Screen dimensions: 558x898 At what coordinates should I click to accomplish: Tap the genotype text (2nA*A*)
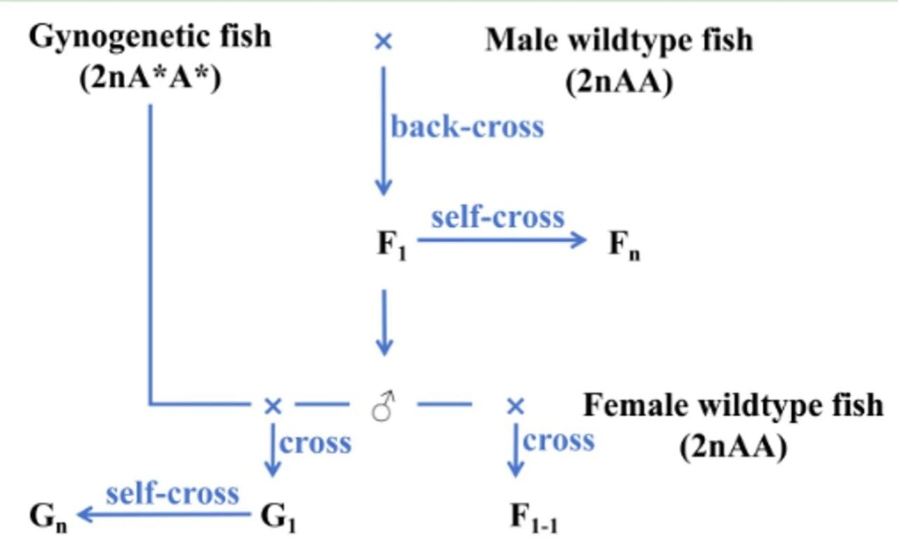tap(150, 79)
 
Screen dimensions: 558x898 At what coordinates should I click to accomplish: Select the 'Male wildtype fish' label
tap(618, 40)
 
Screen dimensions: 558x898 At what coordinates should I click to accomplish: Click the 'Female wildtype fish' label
tap(733, 406)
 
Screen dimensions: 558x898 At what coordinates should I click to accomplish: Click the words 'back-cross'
tap(467, 128)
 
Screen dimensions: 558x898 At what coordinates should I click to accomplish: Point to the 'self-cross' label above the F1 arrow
tap(497, 217)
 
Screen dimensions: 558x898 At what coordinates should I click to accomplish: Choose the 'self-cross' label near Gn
tap(173, 493)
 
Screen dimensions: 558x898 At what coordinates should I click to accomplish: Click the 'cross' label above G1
tap(316, 444)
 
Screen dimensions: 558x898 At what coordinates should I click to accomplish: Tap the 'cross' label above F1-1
tap(558, 441)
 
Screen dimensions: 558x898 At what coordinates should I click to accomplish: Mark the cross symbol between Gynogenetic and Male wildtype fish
tap(383, 42)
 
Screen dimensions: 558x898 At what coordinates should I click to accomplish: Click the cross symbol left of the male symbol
tap(272, 405)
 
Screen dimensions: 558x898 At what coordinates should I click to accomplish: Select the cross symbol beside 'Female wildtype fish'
tap(516, 405)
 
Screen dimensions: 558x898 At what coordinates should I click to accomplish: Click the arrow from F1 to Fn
tap(502, 240)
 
